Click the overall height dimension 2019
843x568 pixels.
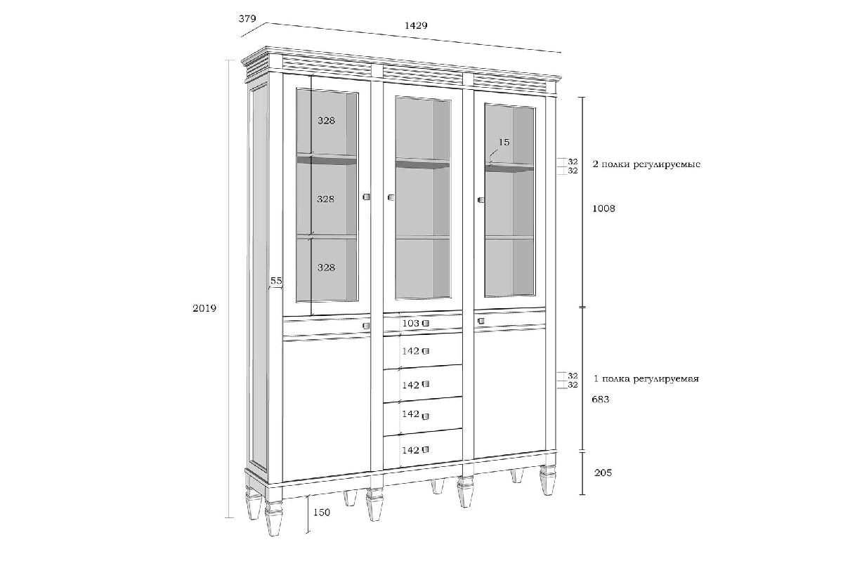point(204,308)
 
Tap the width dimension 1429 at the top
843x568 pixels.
point(416,25)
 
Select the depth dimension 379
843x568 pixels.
point(247,18)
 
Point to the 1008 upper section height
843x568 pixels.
point(603,209)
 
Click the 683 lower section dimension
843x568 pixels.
point(600,399)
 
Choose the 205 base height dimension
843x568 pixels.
point(603,473)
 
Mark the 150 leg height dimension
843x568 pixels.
point(322,513)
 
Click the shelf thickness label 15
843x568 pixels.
point(504,143)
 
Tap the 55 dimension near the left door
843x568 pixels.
point(276,281)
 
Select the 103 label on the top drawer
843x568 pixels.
point(410,323)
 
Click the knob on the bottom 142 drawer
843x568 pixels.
point(426,449)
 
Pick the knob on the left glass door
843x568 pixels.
point(366,197)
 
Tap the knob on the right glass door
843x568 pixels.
point(481,199)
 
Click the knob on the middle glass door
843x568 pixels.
point(391,197)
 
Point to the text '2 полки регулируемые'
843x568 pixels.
point(646,164)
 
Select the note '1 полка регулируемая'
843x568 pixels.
point(646,379)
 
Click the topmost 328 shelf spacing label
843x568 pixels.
point(326,120)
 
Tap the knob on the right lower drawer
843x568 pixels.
point(481,321)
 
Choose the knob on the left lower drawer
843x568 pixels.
point(366,326)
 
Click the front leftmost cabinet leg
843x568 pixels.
point(273,517)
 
